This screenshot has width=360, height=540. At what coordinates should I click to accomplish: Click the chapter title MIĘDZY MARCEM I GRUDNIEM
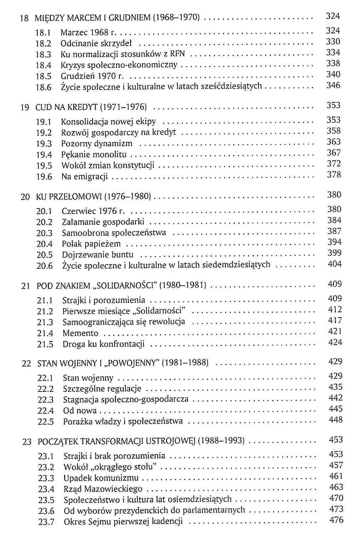[x=92, y=18]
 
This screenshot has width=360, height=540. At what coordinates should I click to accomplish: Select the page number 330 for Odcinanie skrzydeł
[x=333, y=42]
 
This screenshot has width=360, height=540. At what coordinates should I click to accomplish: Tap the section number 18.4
[x=43, y=65]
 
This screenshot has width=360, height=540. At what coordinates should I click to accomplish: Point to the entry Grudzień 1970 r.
[x=92, y=76]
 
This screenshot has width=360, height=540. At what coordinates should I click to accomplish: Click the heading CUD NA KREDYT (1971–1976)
[x=91, y=107]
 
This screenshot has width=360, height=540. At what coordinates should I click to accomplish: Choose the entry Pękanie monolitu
[x=94, y=154]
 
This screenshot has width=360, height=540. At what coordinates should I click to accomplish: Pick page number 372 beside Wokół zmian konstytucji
[x=334, y=164]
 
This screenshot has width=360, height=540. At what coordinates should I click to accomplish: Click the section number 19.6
[x=44, y=177]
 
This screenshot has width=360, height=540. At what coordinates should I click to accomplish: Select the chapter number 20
[x=25, y=197]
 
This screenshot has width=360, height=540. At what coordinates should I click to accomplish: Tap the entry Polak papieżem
[x=91, y=244]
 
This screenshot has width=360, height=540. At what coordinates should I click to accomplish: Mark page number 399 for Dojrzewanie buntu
[x=335, y=253]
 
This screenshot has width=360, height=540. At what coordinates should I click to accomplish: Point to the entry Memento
[x=80, y=333]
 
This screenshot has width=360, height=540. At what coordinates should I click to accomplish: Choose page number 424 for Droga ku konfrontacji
[x=335, y=342]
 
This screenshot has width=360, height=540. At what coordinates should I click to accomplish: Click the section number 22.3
[x=45, y=400]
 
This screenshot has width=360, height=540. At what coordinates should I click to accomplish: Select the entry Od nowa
[x=80, y=411]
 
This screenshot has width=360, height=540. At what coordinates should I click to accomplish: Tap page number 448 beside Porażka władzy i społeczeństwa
[x=336, y=420]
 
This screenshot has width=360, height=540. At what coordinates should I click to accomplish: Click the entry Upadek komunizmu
[x=101, y=478]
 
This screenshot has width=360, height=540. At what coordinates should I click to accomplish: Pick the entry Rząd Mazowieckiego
[x=103, y=489]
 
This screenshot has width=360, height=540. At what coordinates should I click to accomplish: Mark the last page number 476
[x=336, y=520]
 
